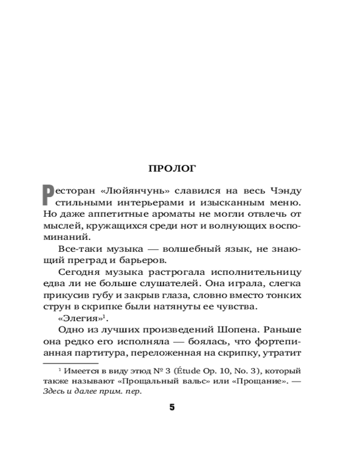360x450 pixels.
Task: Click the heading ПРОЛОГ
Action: click(x=172, y=168)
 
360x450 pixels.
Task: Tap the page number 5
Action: click(x=172, y=408)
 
